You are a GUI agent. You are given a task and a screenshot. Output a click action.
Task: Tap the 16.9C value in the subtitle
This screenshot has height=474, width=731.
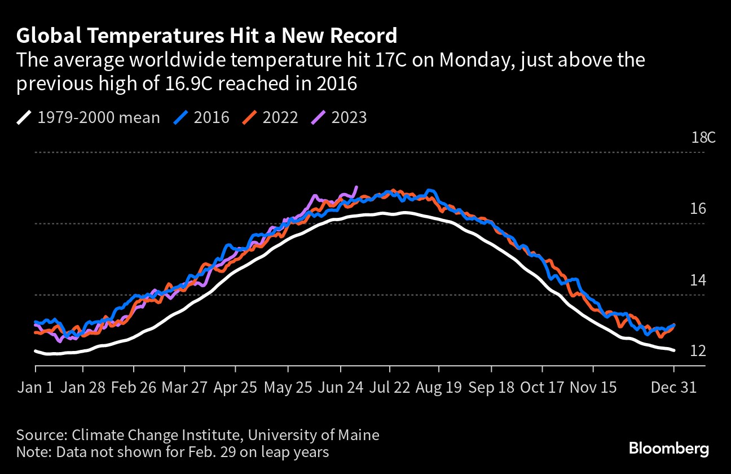point(189,84)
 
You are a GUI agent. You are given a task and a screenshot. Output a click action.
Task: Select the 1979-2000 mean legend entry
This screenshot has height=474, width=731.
point(88,117)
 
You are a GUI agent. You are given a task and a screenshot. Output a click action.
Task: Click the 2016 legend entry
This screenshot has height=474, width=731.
point(201,117)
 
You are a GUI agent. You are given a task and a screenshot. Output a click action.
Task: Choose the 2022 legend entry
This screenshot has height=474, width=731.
point(270,117)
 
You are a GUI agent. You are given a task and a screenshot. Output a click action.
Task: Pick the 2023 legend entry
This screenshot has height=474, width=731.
point(339,117)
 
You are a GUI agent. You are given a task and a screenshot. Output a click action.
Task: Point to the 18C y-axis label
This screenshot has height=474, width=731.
point(703,138)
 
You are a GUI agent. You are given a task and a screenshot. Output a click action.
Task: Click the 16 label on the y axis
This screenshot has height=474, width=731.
point(698,209)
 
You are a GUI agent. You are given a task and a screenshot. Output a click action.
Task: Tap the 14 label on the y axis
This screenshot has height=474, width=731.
point(698,280)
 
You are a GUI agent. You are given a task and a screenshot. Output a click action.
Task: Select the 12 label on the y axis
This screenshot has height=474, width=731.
point(698,351)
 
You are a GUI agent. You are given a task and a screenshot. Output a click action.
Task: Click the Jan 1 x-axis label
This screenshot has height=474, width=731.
point(35,388)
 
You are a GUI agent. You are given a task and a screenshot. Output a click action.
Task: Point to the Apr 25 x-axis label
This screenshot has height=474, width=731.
point(235,388)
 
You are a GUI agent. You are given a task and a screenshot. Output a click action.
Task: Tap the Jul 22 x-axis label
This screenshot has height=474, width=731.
point(390,388)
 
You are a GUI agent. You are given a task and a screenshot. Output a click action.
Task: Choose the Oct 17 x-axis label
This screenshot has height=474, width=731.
point(542,388)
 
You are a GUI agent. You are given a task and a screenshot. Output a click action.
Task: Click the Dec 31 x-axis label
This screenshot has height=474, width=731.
point(674,388)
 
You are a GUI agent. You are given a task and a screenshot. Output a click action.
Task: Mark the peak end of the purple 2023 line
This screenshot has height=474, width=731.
point(356,187)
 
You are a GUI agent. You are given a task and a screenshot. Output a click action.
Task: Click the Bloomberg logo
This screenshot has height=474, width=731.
point(669,449)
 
